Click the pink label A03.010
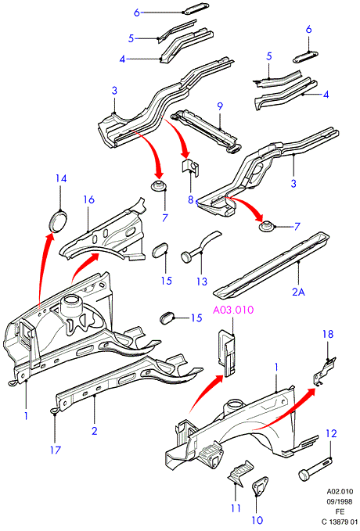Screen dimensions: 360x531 click(233, 310)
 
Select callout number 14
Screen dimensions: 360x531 click(61, 179)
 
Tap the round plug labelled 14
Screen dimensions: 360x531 click(57, 221)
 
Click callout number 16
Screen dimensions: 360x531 click(88, 199)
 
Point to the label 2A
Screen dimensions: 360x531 click(299, 291)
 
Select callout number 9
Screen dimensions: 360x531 click(221, 106)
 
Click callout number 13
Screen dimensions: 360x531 click(202, 281)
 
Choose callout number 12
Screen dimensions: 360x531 click(332, 433)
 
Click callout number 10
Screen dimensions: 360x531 click(257, 520)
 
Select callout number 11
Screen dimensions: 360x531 click(236, 508)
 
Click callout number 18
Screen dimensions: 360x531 click(328, 334)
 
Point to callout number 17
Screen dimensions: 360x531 click(56, 450)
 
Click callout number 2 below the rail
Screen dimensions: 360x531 click(94, 430)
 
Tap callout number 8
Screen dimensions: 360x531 click(190, 199)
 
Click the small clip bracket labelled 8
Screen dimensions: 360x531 click(189, 167)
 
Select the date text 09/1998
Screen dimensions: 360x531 click(340, 501)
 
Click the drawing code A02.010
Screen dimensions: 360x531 click(340, 491)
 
